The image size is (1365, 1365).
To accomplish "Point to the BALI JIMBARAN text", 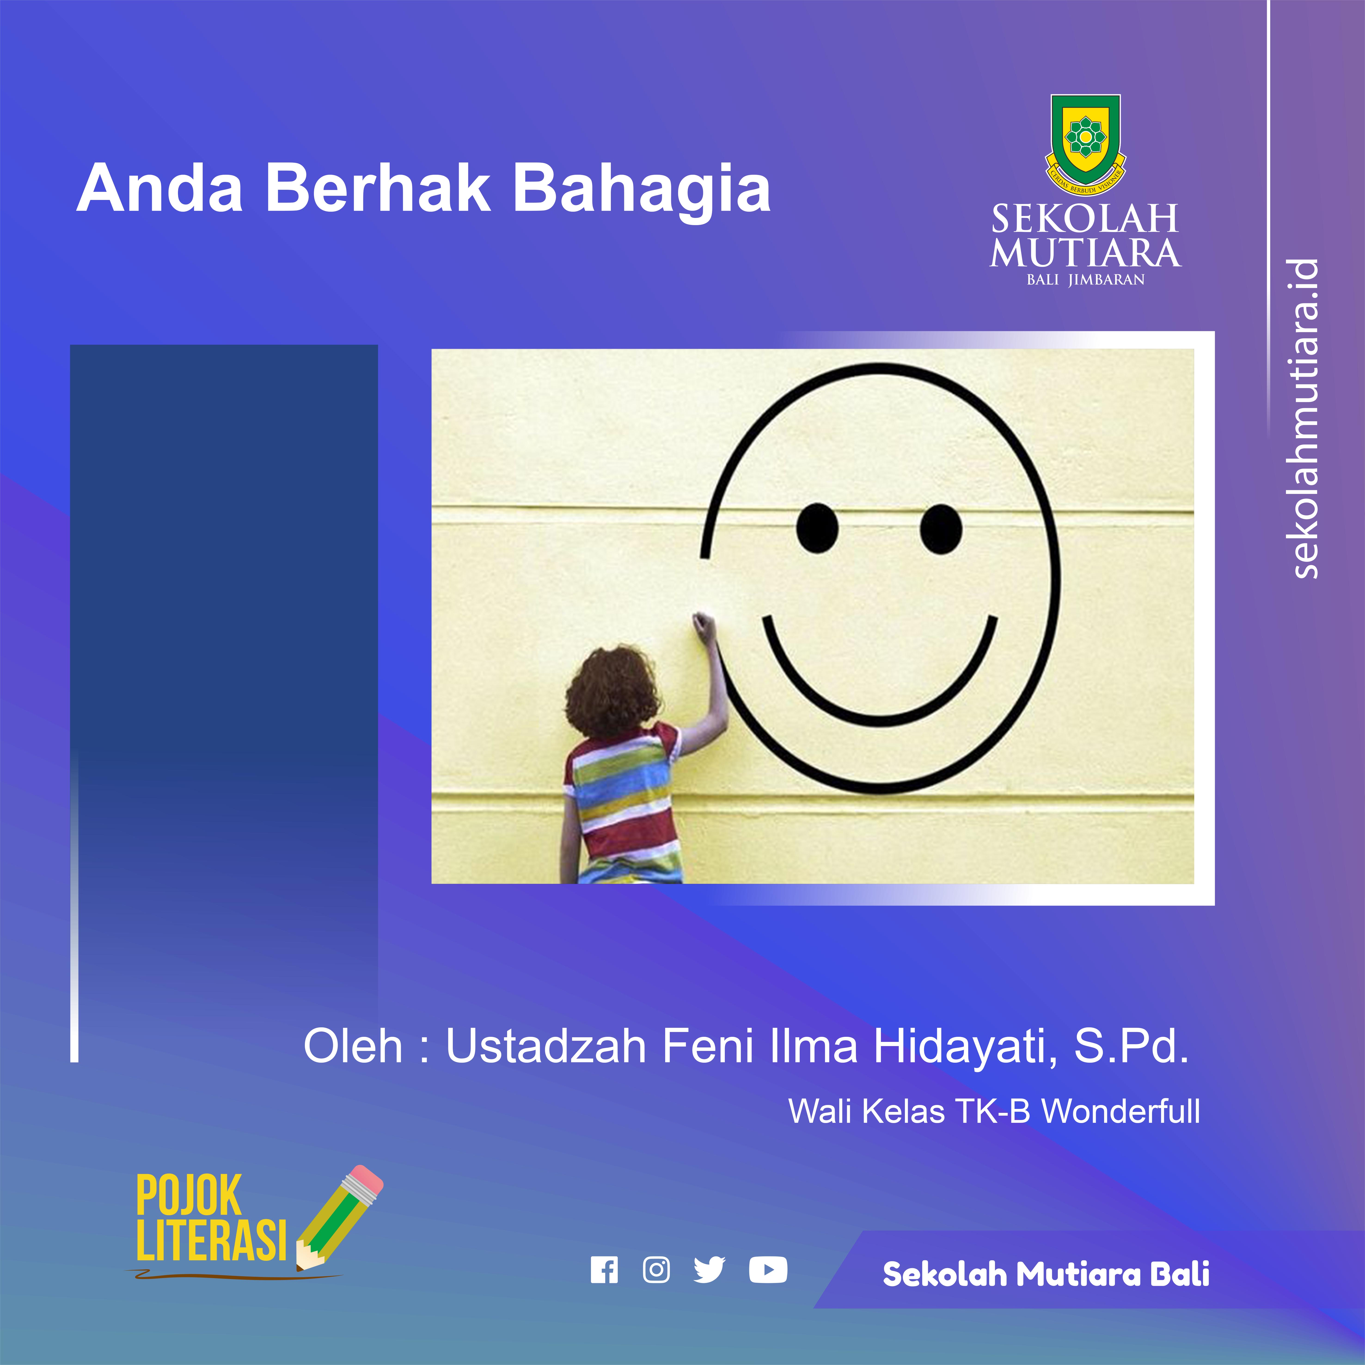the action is tap(1085, 280).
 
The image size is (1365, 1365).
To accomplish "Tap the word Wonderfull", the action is tap(1121, 1111).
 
